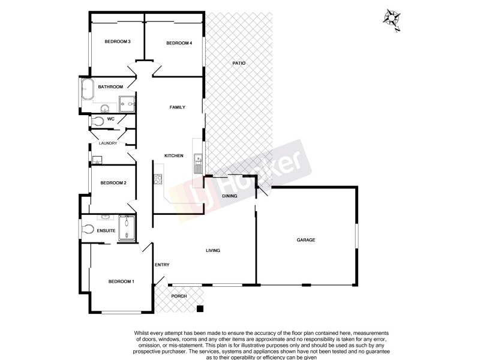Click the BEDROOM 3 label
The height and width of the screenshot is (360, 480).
pos(118,41)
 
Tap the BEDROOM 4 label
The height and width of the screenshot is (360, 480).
pos(179,43)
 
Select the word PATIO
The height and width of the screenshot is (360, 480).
pos(239,63)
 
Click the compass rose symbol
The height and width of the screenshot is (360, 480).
pos(392,18)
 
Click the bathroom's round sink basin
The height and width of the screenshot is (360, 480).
pos(105,109)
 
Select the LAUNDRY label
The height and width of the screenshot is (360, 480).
pos(108,143)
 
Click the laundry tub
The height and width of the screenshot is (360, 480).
pos(98,160)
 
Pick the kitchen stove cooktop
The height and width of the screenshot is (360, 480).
pos(158,179)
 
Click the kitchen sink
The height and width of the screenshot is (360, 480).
pos(197,160)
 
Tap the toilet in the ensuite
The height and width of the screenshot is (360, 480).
pos(88,229)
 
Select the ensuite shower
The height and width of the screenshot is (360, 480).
pos(127,227)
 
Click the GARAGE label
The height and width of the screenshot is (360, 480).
pos(305,240)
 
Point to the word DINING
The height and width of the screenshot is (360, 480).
pos(230,196)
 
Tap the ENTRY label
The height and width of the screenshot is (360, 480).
pos(162,265)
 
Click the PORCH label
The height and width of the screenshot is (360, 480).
pos(179,296)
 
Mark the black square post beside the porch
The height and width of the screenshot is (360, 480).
pos(200,309)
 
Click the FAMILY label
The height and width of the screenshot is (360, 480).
pos(177,107)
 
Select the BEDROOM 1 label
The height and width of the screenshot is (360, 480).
pos(121,282)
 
